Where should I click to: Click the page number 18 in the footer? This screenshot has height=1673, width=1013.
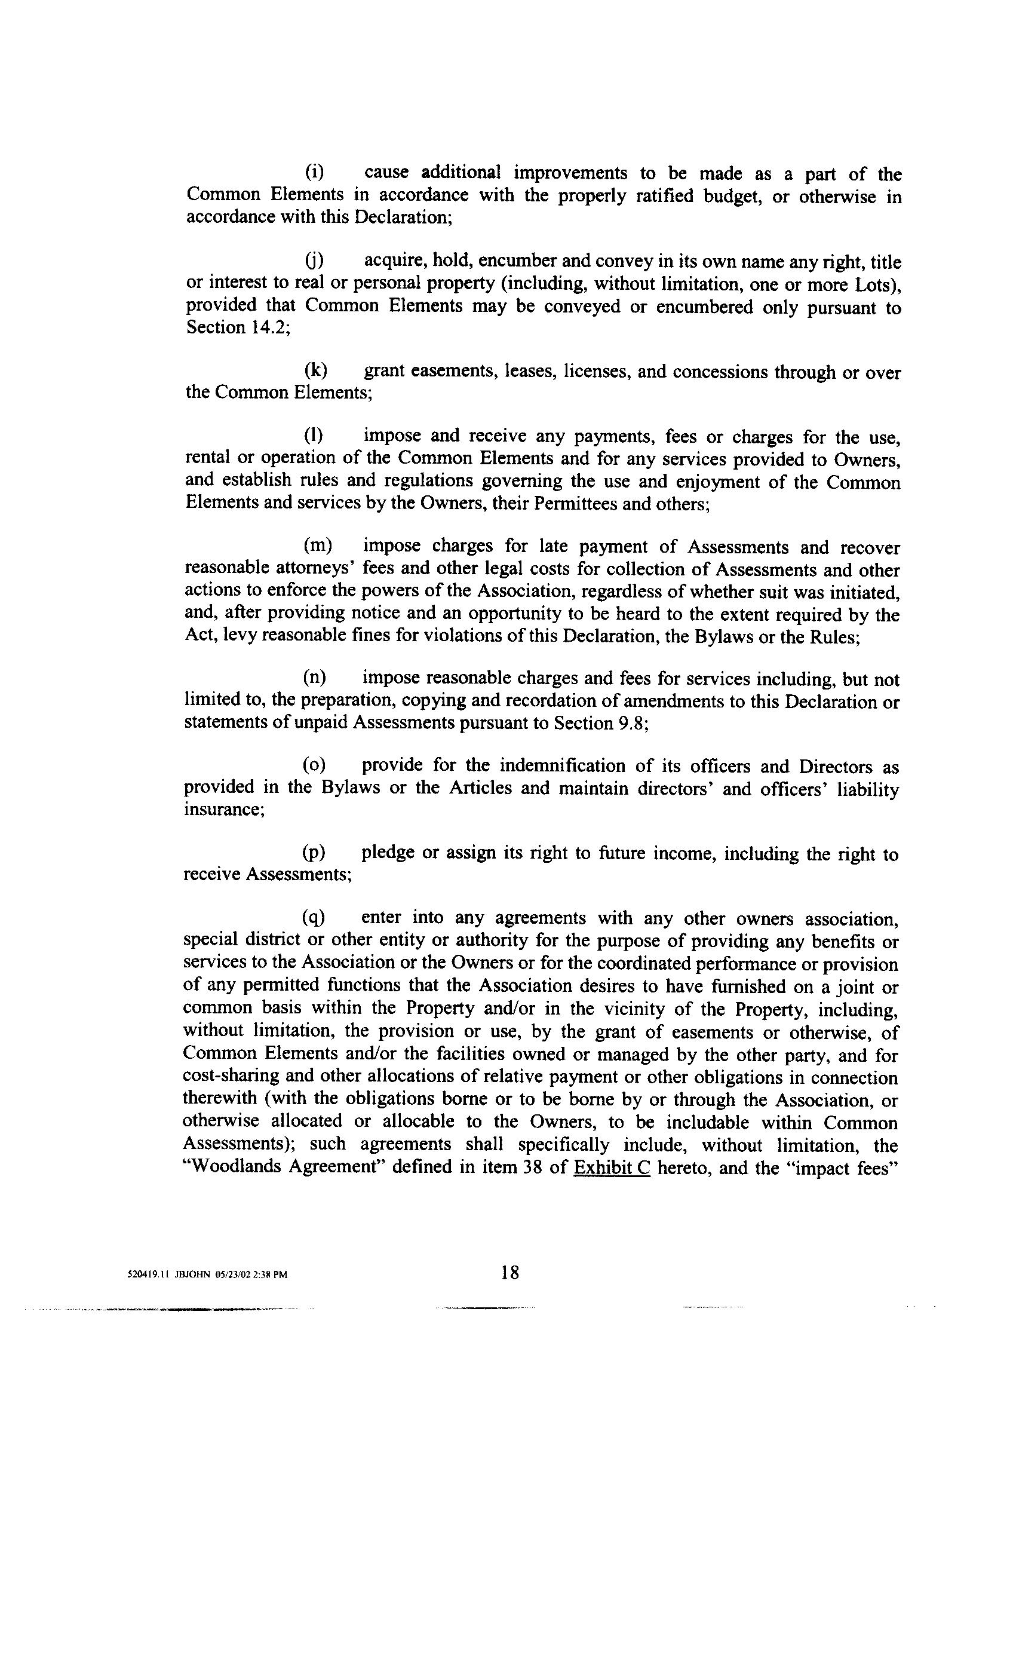click(510, 1273)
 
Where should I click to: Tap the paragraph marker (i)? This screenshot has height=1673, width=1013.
click(313, 173)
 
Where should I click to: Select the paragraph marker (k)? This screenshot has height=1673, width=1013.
click(315, 370)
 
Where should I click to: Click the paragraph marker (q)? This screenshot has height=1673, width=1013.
click(314, 917)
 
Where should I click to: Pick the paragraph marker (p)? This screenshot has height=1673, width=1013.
click(314, 853)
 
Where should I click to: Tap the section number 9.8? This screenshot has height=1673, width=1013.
click(631, 723)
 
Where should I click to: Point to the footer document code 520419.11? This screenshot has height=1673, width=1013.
click(148, 1274)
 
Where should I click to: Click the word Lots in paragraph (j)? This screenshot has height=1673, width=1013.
click(880, 284)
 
